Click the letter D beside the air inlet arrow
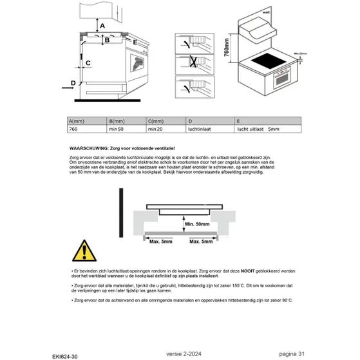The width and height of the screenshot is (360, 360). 73,83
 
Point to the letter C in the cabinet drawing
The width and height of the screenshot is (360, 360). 88,62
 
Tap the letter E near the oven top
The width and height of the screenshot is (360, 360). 136,40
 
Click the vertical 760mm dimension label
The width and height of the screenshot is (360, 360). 226,47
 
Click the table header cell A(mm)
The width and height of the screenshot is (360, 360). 77,121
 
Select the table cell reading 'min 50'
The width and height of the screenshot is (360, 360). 117,129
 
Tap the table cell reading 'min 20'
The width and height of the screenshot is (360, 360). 155,129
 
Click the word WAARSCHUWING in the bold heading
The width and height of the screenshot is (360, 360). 90,148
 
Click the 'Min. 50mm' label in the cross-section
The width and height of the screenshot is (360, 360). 198,225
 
